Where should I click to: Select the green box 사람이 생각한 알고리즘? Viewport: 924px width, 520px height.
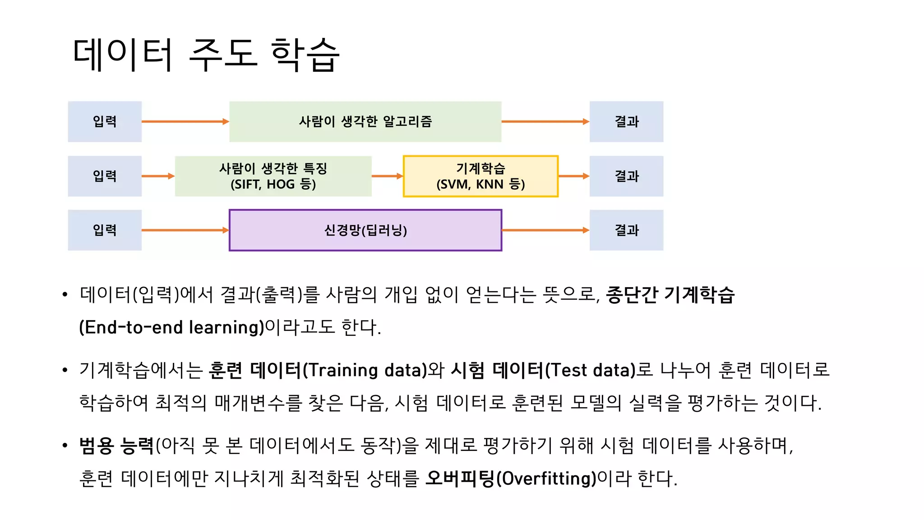click(x=365, y=121)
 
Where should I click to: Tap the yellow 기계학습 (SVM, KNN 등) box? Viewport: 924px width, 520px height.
click(x=480, y=176)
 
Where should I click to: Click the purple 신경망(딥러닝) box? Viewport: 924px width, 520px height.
click(x=365, y=230)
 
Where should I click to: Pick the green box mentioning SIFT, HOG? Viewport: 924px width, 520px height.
click(x=273, y=176)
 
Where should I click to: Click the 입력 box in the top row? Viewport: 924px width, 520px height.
click(x=105, y=121)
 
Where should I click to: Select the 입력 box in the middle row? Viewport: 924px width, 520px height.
click(x=105, y=176)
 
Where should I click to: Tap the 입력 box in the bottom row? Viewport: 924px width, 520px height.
click(x=105, y=230)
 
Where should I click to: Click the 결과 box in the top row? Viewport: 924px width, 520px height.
click(x=626, y=121)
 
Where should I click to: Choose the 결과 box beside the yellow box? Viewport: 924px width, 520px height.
click(x=626, y=176)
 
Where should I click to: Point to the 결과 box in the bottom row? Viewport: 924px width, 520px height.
click(x=626, y=230)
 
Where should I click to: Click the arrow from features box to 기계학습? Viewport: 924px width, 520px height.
click(x=387, y=176)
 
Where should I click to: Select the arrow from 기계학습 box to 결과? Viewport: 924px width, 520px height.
click(x=573, y=176)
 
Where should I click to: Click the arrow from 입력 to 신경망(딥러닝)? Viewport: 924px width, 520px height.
click(x=185, y=230)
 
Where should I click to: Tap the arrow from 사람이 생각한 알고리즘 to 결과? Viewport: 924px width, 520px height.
click(x=545, y=121)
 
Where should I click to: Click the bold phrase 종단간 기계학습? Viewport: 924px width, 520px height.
click(x=670, y=295)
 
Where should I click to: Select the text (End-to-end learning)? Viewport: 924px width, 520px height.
click(x=171, y=327)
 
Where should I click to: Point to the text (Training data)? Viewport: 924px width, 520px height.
click(x=365, y=370)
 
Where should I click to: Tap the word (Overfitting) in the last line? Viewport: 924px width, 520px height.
click(x=546, y=478)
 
